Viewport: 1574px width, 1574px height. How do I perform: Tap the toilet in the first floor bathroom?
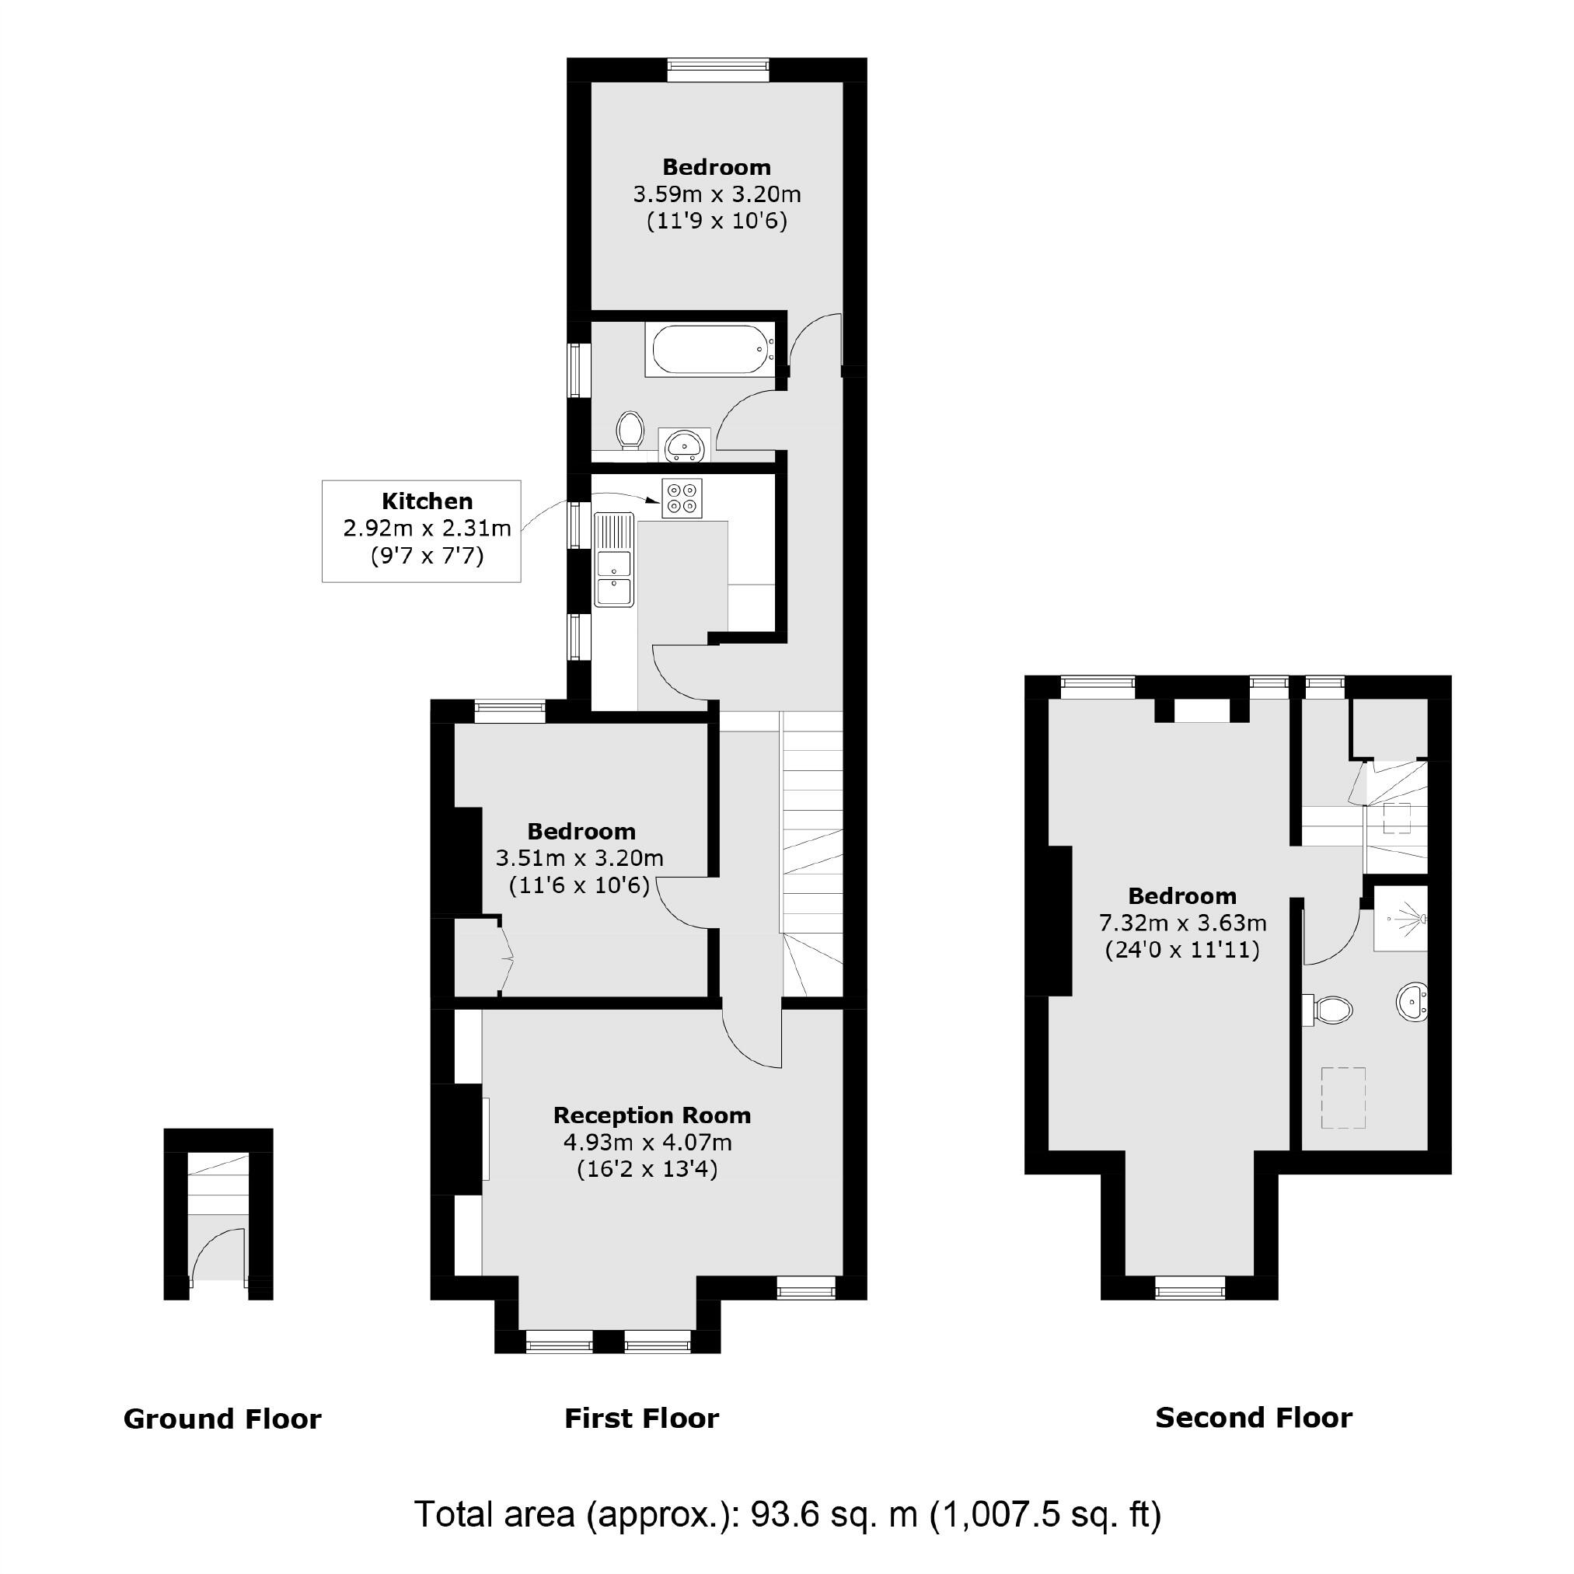click(629, 429)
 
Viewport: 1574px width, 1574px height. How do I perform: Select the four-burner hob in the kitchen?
click(681, 498)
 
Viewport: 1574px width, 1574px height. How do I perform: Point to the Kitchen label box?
click(421, 530)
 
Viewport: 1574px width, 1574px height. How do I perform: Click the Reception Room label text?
click(652, 1115)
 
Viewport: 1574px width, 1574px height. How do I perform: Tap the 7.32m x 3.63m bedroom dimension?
click(1182, 923)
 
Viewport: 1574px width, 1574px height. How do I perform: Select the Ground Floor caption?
click(222, 1419)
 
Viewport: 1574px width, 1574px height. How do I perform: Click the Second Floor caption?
click(1254, 1418)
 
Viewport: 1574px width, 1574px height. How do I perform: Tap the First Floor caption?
click(642, 1419)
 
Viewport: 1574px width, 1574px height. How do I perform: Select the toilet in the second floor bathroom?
click(1330, 1010)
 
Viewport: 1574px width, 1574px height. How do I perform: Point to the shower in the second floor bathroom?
click(1401, 919)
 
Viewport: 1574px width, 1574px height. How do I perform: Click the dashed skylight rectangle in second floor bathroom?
click(1342, 1098)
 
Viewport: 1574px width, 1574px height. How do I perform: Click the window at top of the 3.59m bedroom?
click(717, 70)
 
